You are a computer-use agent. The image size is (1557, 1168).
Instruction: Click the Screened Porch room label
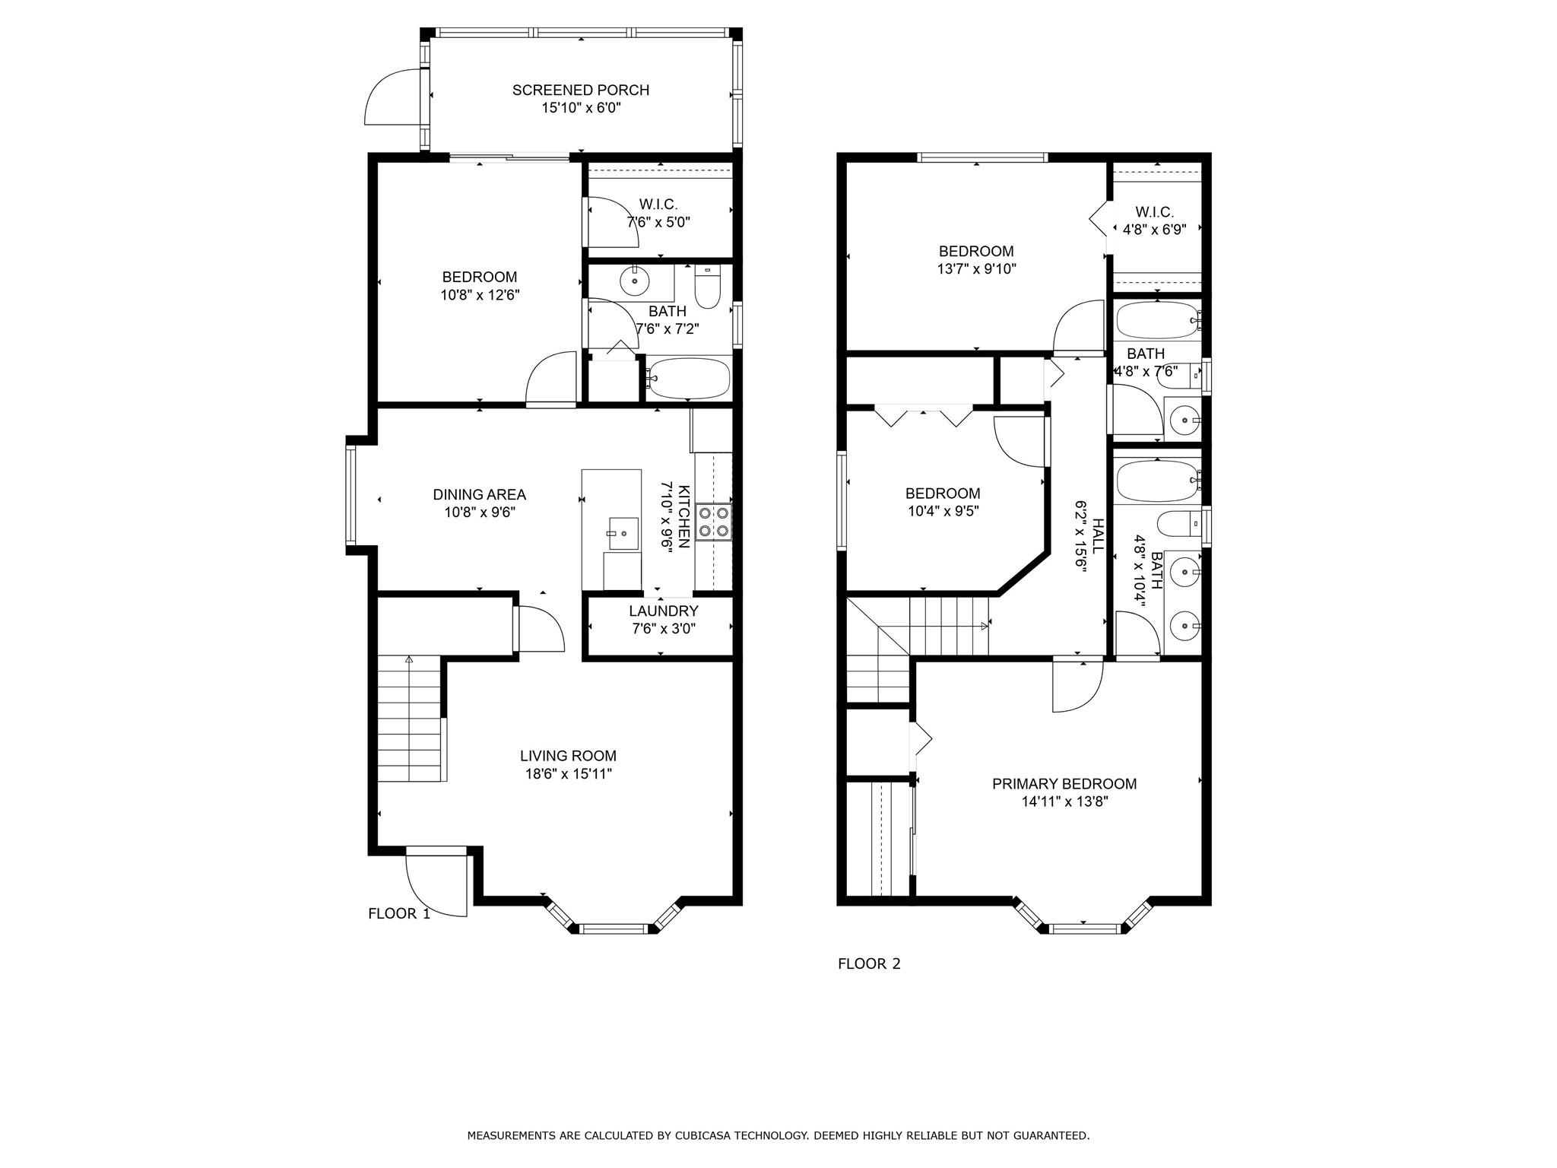pyautogui.click(x=581, y=90)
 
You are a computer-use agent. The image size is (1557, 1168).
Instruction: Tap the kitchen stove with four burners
pyautogui.click(x=713, y=522)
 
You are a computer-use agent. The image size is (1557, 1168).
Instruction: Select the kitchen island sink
pyautogui.click(x=623, y=534)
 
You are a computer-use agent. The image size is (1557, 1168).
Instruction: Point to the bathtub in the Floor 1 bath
pyautogui.click(x=689, y=378)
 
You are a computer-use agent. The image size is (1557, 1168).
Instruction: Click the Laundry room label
pyautogui.click(x=663, y=611)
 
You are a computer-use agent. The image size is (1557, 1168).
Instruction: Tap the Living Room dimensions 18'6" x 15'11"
pyautogui.click(x=568, y=774)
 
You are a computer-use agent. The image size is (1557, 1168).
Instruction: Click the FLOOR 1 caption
pyautogui.click(x=399, y=914)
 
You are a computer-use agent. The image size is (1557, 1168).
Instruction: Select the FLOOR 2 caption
pyautogui.click(x=869, y=964)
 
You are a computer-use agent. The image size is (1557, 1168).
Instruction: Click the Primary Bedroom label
pyautogui.click(x=1064, y=784)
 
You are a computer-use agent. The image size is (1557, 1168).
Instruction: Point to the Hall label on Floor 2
pyautogui.click(x=1098, y=536)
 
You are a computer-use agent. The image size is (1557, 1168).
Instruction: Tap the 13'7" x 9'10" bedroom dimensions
pyautogui.click(x=976, y=269)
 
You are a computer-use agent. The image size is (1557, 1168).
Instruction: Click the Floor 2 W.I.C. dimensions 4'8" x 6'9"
pyautogui.click(x=1154, y=229)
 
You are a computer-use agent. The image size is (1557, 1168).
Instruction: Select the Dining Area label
pyautogui.click(x=480, y=495)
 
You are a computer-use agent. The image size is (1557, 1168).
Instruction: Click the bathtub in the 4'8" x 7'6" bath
pyautogui.click(x=1157, y=321)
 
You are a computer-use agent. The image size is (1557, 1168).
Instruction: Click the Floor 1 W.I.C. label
pyautogui.click(x=658, y=205)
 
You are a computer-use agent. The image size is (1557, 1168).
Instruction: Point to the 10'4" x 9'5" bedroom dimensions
pyautogui.click(x=943, y=511)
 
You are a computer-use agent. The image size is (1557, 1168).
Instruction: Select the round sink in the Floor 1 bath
pyautogui.click(x=634, y=281)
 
